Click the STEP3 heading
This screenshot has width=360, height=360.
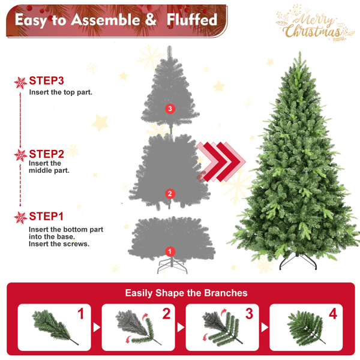(x=46, y=80)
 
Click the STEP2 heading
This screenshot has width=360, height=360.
(x=46, y=154)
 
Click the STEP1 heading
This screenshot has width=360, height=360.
(x=46, y=216)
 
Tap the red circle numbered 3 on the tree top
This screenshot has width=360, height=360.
(x=170, y=109)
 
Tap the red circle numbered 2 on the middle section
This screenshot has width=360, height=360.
(x=170, y=193)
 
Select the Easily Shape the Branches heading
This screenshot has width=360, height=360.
(x=186, y=293)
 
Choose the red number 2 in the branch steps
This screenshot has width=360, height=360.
(x=166, y=313)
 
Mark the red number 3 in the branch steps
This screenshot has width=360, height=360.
(x=250, y=313)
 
